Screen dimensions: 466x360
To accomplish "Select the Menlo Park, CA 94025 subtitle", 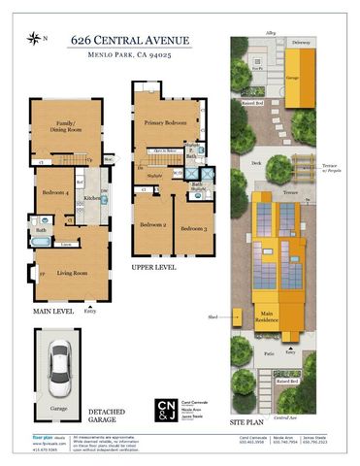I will pyautogui.click(x=130, y=57).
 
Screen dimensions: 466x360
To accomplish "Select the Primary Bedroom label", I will pyautogui.click(x=166, y=123).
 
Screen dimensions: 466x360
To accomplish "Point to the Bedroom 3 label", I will pyautogui.click(x=192, y=227).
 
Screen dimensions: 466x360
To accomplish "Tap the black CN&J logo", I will pyautogui.click(x=167, y=408).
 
